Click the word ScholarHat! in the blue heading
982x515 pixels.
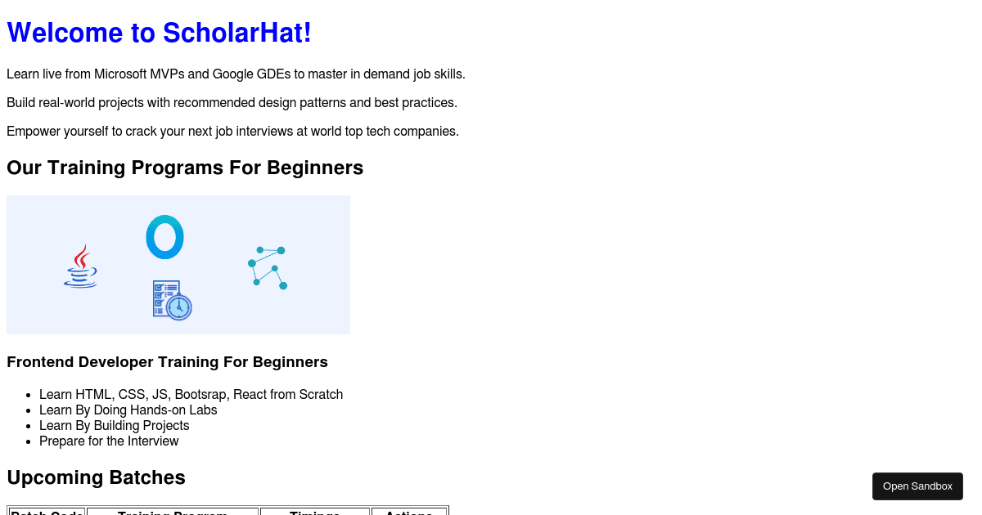click(236, 34)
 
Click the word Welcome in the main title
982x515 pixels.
click(65, 34)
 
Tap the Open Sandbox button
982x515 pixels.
click(917, 486)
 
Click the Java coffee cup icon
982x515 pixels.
click(80, 266)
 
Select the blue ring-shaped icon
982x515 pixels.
click(164, 237)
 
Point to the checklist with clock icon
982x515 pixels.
click(172, 300)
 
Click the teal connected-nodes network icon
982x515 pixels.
click(268, 266)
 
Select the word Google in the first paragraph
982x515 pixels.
click(233, 74)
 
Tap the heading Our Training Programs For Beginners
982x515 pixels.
click(185, 168)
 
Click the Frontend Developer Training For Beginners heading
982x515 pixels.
click(167, 362)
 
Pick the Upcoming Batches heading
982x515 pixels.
click(96, 477)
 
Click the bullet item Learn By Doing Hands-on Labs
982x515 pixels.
click(128, 410)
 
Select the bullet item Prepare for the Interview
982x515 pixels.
click(109, 441)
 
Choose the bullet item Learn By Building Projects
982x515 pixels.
click(115, 426)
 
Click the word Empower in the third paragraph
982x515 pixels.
click(33, 132)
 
